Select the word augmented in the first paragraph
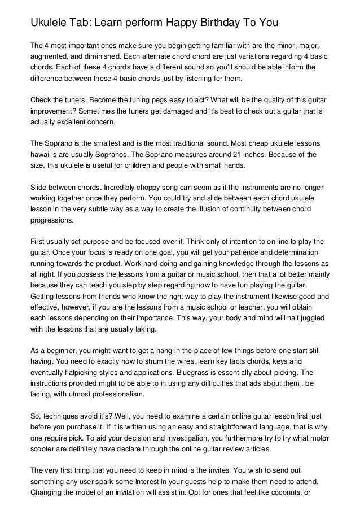[x=52, y=58]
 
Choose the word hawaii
[x=42, y=154]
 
